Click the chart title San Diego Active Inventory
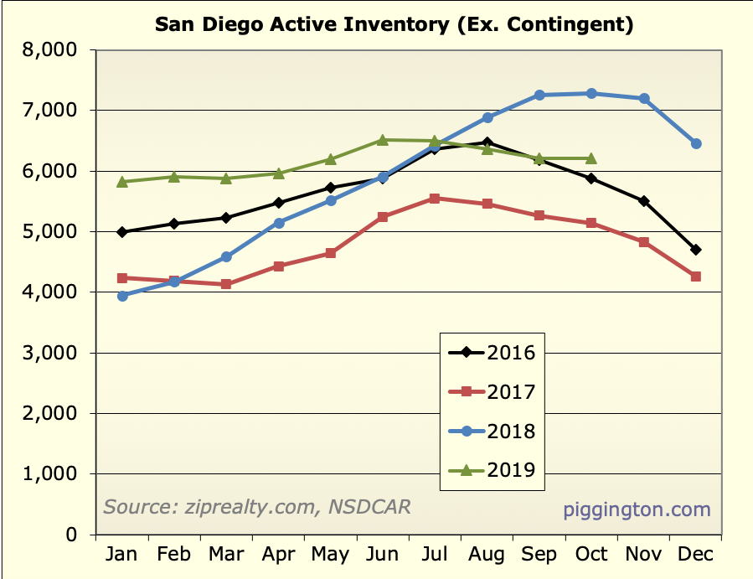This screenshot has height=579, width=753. [394, 24]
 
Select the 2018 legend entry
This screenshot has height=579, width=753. [492, 432]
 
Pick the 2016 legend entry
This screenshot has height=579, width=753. [492, 352]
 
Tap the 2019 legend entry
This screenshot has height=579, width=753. [492, 470]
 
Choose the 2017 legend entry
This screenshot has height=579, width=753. [492, 391]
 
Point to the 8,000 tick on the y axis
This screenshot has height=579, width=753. [53, 50]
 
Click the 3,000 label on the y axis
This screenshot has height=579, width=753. [53, 353]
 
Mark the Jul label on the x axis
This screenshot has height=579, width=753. [434, 555]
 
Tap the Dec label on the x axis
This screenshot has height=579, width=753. [696, 555]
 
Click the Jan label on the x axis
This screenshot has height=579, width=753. [122, 555]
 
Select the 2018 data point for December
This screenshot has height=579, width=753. [696, 144]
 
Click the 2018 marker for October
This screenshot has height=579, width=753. [591, 93]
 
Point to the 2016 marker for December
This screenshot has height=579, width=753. [696, 250]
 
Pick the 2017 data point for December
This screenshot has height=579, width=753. [696, 277]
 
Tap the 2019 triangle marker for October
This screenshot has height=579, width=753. [591, 158]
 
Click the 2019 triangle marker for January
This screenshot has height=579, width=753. [122, 181]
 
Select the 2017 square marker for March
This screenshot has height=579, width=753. [226, 284]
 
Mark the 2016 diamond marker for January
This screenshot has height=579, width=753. [122, 232]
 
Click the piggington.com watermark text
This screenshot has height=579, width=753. [637, 509]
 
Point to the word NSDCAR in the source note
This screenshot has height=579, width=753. [370, 507]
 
